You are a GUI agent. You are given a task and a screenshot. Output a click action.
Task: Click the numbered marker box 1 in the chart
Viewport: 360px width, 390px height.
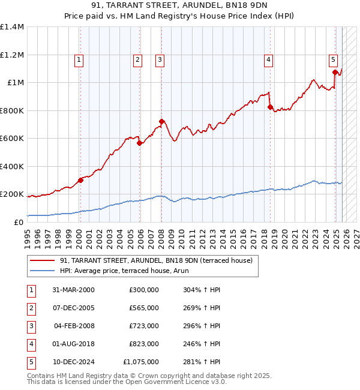[79, 59]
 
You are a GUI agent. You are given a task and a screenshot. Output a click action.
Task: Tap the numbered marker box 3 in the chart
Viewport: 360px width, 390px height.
[160, 59]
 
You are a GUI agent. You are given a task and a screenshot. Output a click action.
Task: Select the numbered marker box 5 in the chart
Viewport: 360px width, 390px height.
[333, 59]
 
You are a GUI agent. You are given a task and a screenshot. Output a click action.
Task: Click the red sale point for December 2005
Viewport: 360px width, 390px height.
[139, 143]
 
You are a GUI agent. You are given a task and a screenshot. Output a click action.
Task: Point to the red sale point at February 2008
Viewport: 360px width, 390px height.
[161, 121]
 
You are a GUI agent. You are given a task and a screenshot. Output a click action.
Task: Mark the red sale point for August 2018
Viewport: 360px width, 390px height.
[270, 107]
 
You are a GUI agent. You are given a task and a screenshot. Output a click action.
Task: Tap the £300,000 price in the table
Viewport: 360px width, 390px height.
[144, 290]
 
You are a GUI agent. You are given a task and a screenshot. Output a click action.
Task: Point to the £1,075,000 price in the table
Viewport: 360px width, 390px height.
[141, 362]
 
